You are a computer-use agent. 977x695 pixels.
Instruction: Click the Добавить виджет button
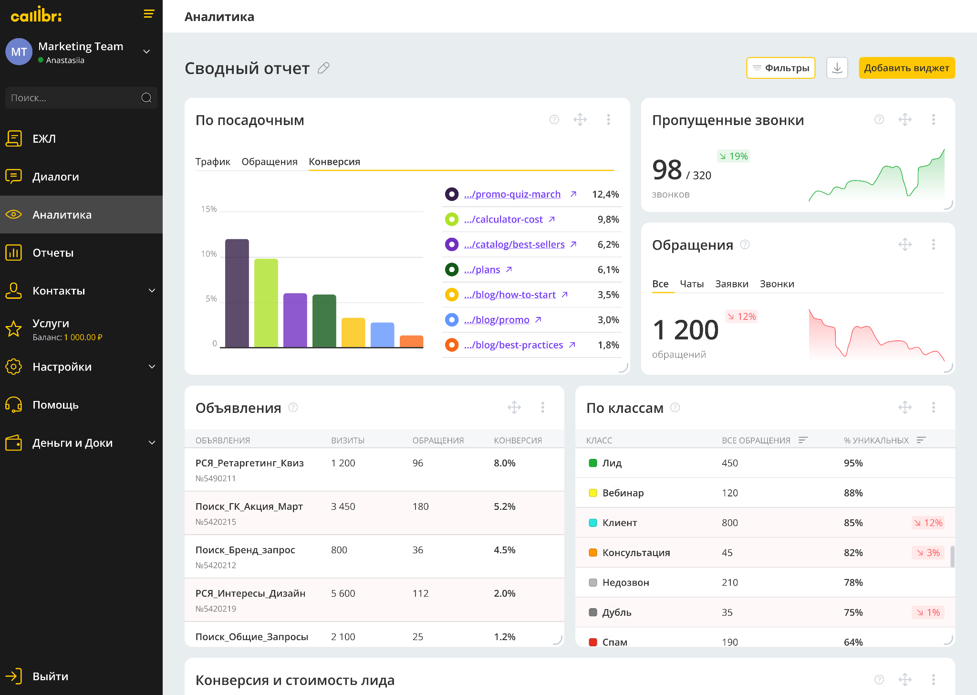click(x=906, y=68)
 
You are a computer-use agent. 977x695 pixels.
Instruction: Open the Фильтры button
click(x=780, y=68)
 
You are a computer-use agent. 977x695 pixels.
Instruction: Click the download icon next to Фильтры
click(x=837, y=68)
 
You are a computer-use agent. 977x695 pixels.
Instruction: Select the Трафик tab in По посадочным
click(x=213, y=162)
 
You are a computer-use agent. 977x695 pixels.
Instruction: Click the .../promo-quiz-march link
click(x=512, y=194)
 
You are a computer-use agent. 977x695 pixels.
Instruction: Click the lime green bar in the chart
click(x=266, y=303)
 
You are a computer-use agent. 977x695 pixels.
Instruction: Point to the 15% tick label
click(x=209, y=209)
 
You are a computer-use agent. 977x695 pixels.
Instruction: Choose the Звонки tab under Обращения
click(x=777, y=284)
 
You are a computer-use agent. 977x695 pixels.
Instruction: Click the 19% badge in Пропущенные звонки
click(x=733, y=156)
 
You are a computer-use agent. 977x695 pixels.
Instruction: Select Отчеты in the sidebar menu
click(x=53, y=253)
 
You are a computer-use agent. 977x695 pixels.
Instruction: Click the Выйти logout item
click(x=50, y=676)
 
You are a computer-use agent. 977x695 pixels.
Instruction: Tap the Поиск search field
click(x=74, y=98)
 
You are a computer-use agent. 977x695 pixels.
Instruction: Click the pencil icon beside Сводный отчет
click(x=323, y=68)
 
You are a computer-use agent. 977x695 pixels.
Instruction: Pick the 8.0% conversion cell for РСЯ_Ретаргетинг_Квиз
click(x=504, y=463)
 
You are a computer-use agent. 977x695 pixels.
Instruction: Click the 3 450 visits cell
click(x=343, y=506)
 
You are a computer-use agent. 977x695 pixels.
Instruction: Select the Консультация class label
click(x=636, y=553)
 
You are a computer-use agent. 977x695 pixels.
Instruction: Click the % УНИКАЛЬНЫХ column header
click(x=876, y=440)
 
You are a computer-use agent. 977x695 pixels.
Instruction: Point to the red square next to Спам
click(x=593, y=642)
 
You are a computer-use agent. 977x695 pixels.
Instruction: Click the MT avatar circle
click(x=19, y=52)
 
